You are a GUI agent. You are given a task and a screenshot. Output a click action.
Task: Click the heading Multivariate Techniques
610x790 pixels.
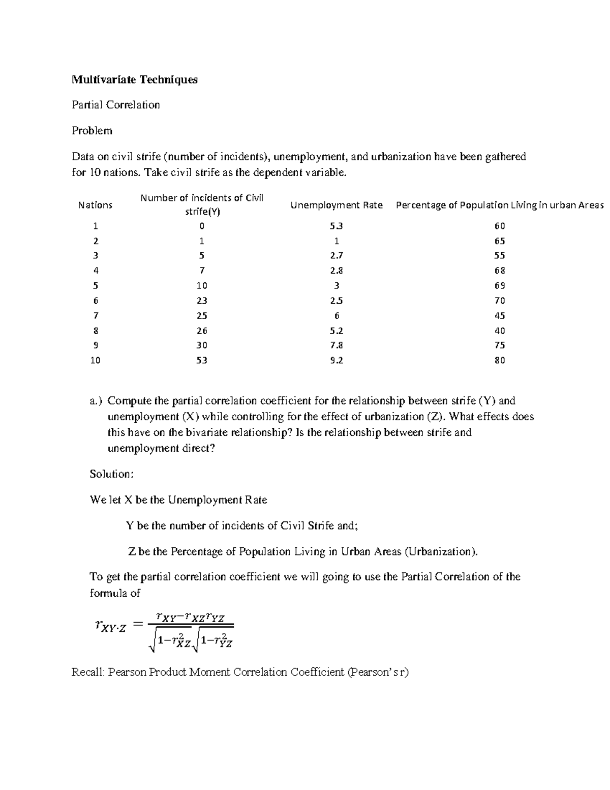click(134, 79)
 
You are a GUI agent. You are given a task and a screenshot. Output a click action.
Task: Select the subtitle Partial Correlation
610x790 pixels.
click(116, 105)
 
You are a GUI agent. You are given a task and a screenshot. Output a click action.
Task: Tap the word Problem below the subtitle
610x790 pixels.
click(92, 131)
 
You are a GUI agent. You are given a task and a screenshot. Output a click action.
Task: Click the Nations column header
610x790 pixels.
click(95, 205)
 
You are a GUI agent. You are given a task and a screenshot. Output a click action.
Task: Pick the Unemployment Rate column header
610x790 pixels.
click(337, 205)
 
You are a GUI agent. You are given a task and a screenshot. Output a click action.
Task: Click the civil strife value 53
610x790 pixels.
click(202, 360)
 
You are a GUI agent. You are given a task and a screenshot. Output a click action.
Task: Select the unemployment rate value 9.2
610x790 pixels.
click(337, 360)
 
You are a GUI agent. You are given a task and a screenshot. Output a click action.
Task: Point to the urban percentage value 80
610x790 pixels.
click(500, 360)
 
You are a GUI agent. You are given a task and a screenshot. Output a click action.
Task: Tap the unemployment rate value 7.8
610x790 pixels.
click(337, 345)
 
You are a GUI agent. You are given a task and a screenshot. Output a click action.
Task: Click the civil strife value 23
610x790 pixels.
click(202, 301)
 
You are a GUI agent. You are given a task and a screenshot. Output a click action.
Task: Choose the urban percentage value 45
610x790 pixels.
click(500, 315)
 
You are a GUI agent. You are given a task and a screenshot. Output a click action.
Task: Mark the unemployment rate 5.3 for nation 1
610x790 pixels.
click(337, 226)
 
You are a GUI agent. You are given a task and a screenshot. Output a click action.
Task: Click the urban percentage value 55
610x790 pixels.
click(500, 255)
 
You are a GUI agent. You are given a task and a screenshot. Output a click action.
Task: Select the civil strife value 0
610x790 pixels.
click(202, 226)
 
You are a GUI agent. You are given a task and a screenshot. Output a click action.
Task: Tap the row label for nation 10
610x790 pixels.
click(95, 360)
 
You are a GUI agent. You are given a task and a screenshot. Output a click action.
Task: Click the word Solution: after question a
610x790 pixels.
click(112, 474)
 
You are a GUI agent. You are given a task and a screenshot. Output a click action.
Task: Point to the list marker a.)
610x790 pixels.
click(96, 401)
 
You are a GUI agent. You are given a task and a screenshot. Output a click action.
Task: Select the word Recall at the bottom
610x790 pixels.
click(88, 672)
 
